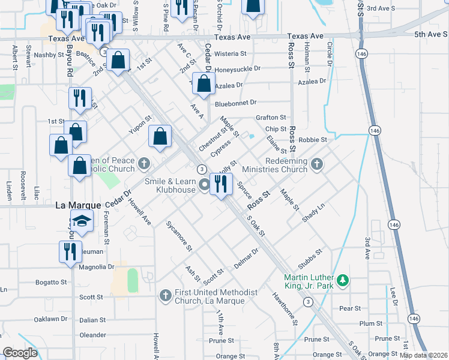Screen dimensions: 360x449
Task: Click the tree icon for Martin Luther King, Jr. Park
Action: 342,280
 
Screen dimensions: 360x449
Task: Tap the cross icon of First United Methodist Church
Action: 166,295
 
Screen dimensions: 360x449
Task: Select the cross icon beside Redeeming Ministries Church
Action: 317,163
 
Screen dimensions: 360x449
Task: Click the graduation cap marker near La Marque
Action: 82,222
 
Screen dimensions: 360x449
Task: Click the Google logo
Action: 20,353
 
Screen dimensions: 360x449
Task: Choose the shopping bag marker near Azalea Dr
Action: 203,85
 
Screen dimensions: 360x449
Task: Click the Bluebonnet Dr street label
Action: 236,103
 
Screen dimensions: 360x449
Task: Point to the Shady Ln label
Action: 313,213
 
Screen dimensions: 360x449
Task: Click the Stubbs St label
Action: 310,260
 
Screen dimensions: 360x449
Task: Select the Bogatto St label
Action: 50,282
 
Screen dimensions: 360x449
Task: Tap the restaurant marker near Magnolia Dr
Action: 70,251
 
